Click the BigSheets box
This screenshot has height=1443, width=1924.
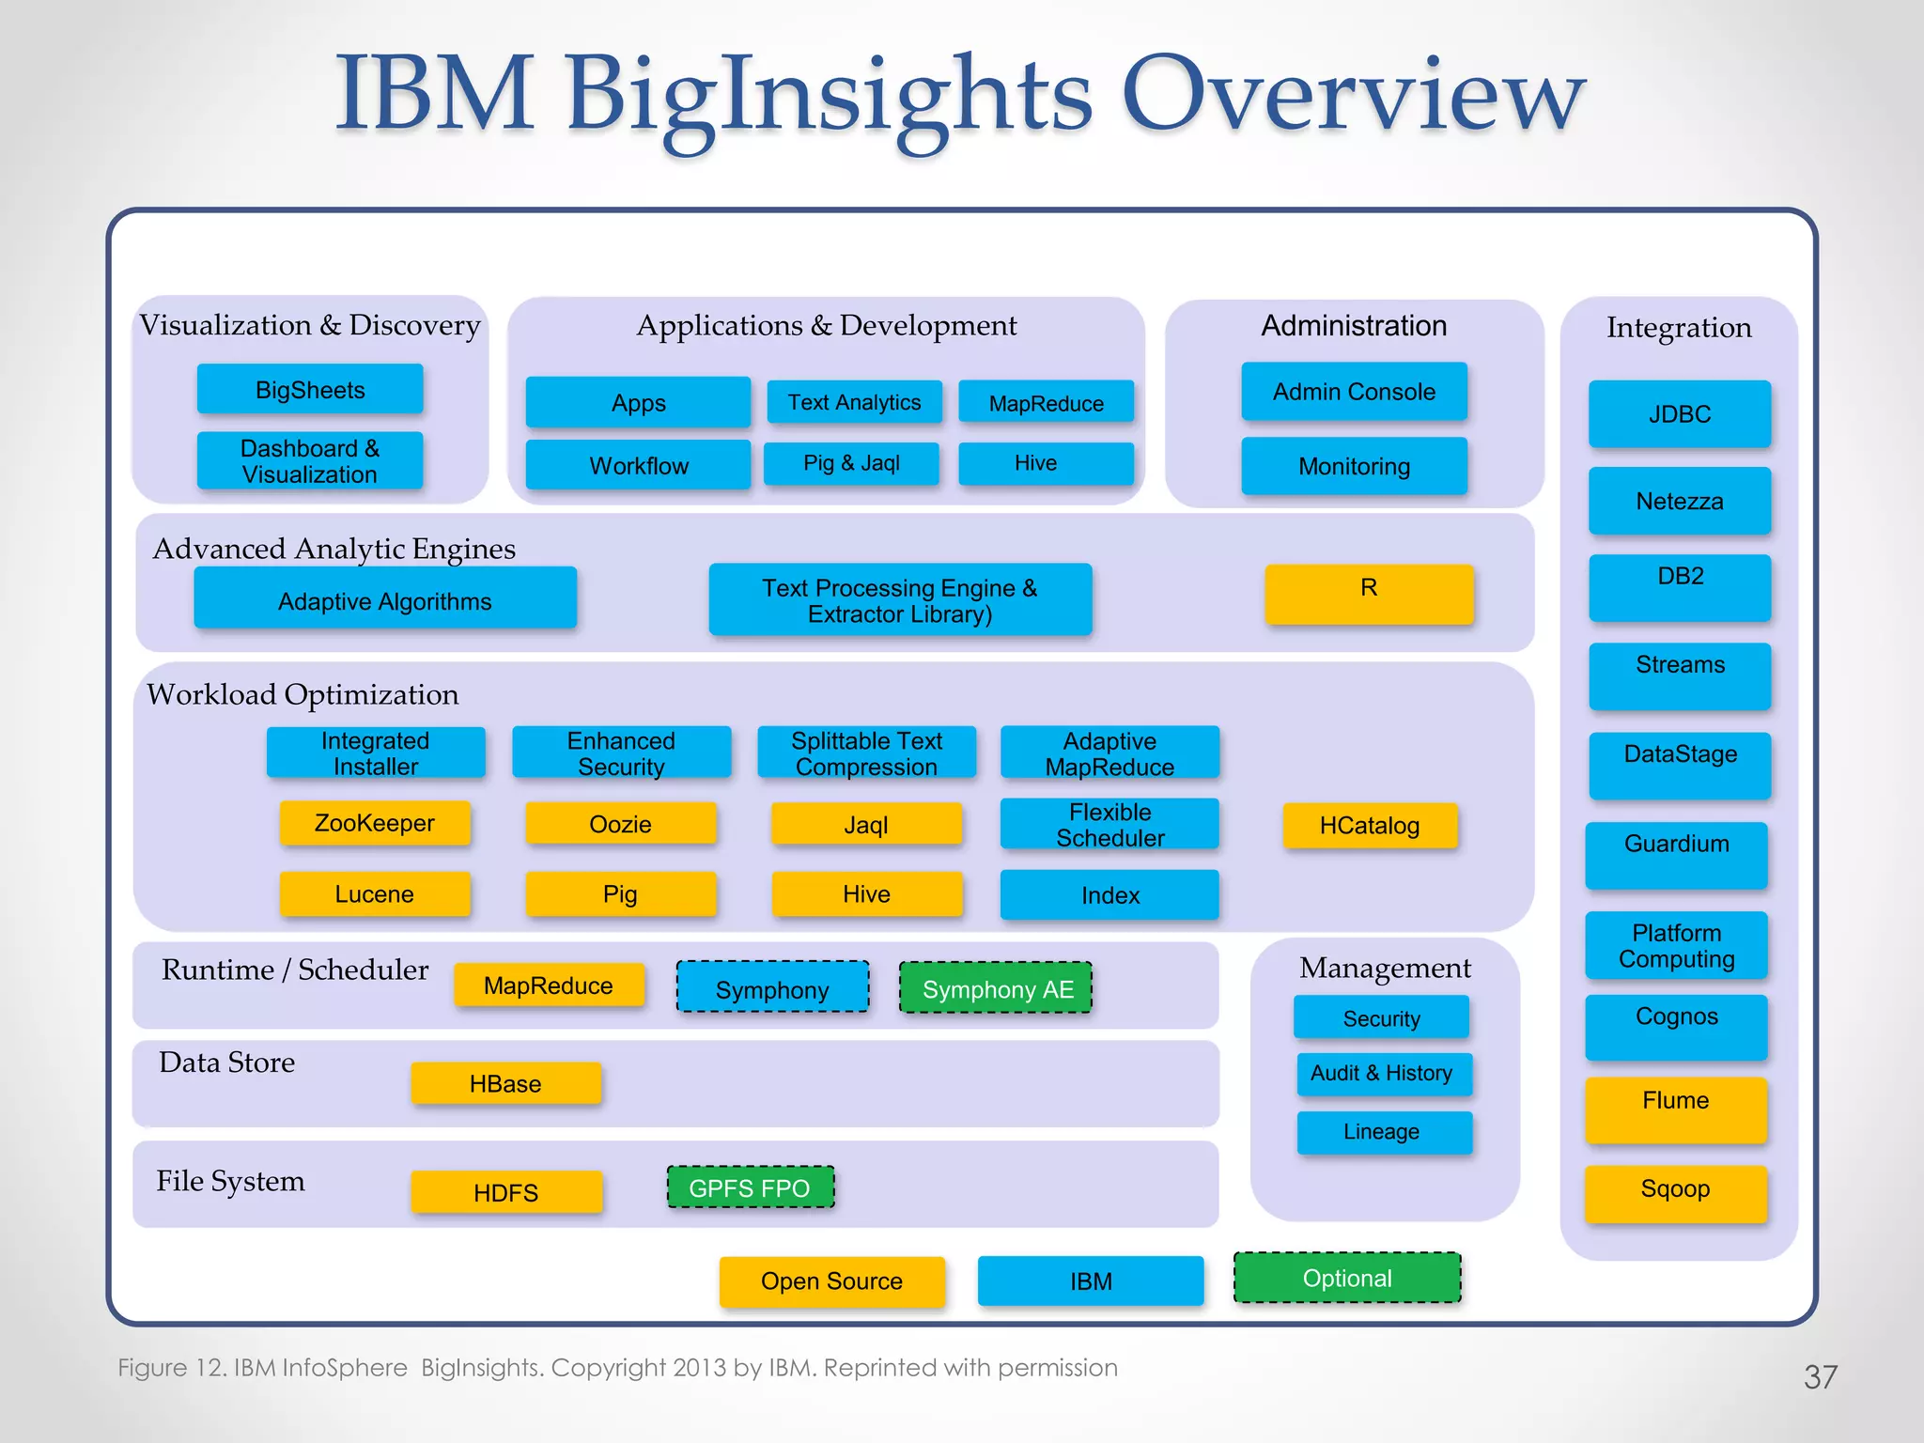(x=310, y=389)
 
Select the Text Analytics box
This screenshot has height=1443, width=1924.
(x=854, y=402)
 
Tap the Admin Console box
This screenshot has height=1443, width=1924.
(x=1354, y=391)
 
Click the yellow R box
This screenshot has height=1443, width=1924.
(x=1369, y=594)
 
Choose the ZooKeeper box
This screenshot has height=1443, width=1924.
(x=375, y=823)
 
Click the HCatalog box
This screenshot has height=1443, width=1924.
(x=1370, y=825)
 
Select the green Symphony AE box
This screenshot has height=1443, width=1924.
(x=996, y=987)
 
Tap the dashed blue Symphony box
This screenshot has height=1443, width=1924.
(x=772, y=987)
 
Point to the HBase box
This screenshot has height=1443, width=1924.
(x=505, y=1083)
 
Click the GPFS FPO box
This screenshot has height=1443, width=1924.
(x=750, y=1187)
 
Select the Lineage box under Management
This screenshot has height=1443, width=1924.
(x=1383, y=1132)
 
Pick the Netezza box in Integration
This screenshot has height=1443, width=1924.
(x=1680, y=501)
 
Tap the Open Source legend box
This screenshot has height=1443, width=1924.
(x=831, y=1281)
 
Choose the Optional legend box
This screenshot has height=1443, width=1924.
(x=1347, y=1278)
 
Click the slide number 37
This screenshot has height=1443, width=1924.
(x=1820, y=1377)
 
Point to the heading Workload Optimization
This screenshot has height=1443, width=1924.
(x=303, y=694)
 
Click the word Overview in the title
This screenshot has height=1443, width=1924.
(x=1353, y=94)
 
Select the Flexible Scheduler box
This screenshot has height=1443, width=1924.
(x=1109, y=824)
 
